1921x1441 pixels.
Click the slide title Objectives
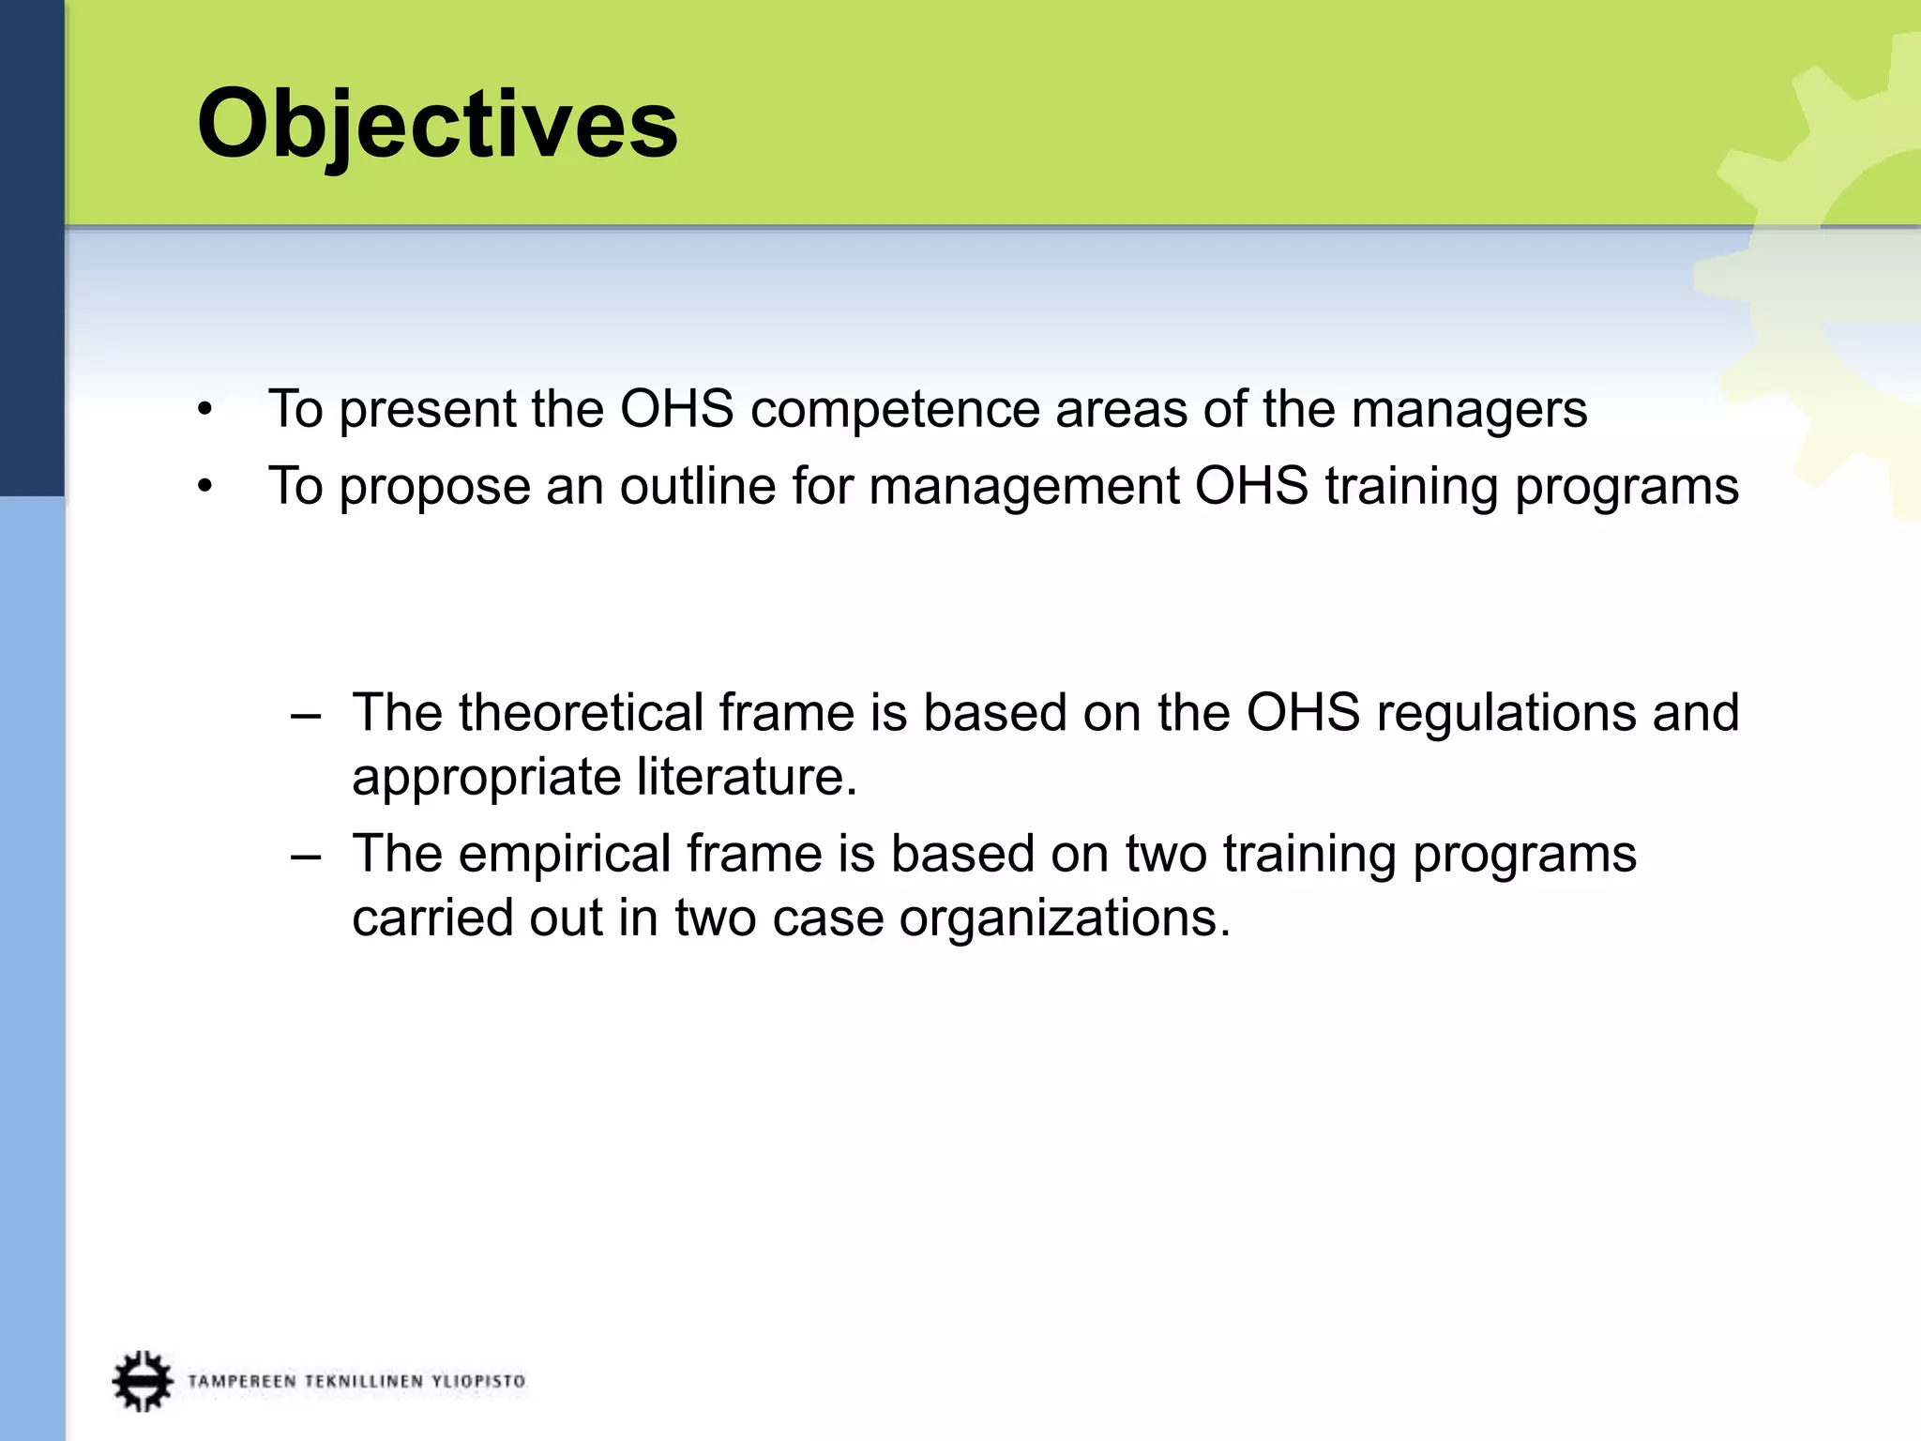point(437,124)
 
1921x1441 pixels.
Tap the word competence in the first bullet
point(894,410)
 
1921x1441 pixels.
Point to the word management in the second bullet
point(1024,487)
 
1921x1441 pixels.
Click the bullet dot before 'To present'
point(205,411)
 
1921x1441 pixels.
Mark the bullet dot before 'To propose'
point(205,488)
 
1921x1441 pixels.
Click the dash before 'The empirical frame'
point(306,856)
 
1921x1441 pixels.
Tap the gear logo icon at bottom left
point(143,1380)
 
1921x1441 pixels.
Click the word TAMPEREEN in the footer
point(242,1381)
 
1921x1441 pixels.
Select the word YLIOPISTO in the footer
point(477,1381)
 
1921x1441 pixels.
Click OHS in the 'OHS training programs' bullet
point(1251,487)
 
